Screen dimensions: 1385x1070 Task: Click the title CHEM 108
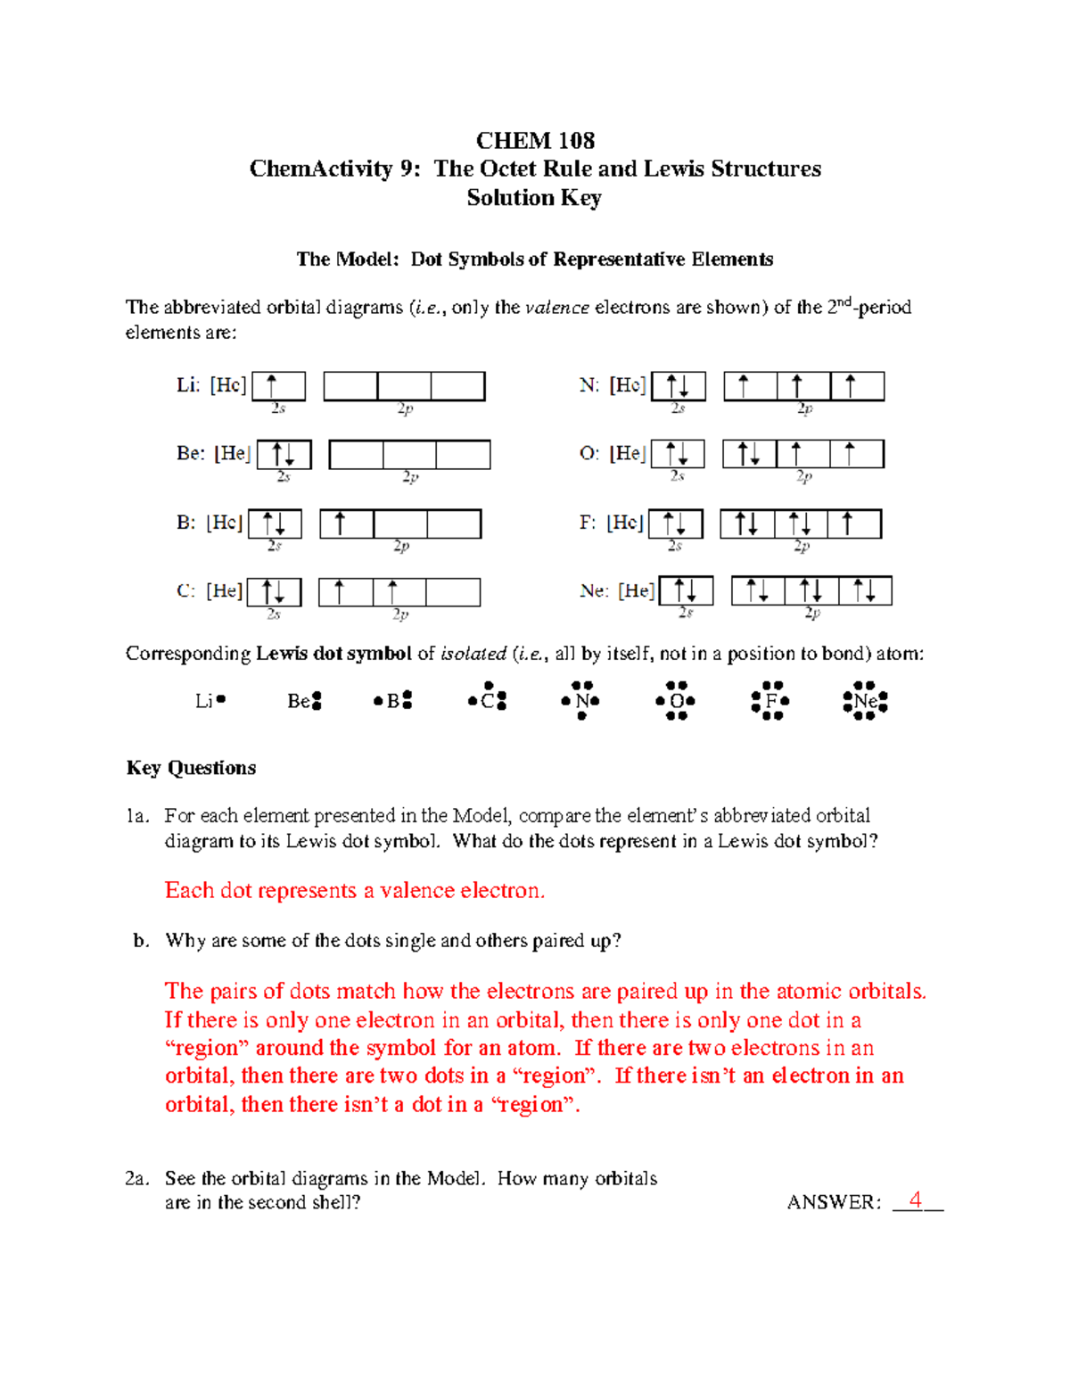click(x=535, y=141)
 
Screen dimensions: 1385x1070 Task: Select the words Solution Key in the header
click(x=534, y=198)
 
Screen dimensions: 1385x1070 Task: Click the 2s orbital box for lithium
click(x=278, y=386)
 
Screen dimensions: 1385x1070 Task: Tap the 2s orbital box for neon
click(x=686, y=591)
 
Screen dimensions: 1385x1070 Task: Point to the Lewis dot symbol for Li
click(x=210, y=701)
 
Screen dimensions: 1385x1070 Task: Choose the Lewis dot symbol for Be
click(x=304, y=702)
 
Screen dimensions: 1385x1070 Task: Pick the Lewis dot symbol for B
click(x=393, y=701)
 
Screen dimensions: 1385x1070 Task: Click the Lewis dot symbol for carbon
click(x=488, y=700)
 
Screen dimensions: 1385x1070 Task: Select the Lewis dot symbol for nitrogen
click(x=580, y=701)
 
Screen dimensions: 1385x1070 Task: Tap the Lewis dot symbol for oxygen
click(x=676, y=701)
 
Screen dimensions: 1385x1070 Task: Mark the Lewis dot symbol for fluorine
click(x=770, y=701)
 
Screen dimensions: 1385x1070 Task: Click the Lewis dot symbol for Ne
click(x=865, y=702)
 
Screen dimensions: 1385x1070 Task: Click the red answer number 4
click(x=915, y=1200)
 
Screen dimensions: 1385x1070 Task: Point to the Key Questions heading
click(x=191, y=768)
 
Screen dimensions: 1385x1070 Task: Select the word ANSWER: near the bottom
click(x=834, y=1203)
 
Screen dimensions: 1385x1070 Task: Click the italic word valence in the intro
click(x=557, y=308)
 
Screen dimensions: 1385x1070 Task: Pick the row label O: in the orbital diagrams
click(x=588, y=454)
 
